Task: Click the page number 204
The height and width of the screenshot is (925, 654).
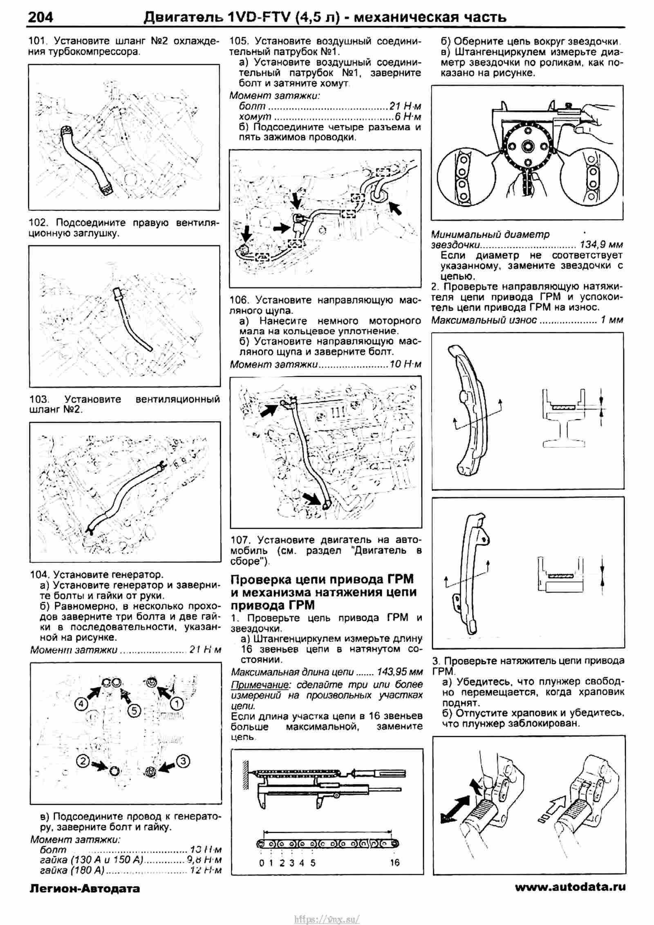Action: pos(40,17)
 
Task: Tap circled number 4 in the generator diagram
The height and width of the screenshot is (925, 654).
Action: pos(81,704)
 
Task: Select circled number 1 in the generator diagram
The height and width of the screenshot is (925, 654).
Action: pos(177,703)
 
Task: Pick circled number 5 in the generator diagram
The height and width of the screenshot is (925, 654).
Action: pos(134,711)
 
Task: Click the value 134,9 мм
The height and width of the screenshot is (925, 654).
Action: pos(601,245)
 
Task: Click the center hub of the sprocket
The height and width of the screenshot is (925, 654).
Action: pos(527,145)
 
